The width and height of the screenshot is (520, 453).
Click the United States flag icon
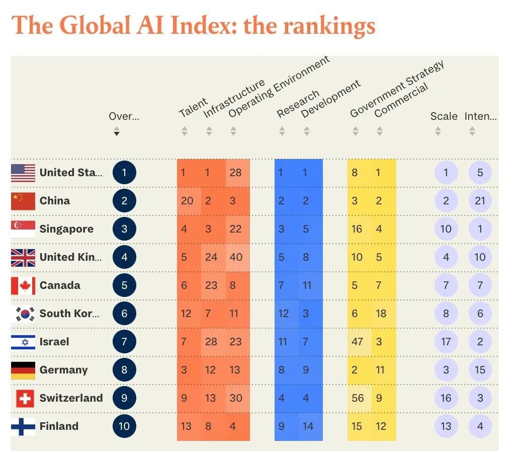23,173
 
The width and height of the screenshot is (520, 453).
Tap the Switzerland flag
25,398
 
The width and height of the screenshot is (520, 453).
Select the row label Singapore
66,229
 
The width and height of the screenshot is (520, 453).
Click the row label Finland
59,426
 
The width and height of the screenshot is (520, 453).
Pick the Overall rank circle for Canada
124,285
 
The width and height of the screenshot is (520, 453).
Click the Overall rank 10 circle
124,426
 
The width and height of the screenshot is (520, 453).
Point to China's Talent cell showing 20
187,201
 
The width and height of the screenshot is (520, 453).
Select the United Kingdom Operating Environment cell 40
235,257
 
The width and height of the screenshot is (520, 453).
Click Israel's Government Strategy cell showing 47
358,342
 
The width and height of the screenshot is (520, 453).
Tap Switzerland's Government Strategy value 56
358,398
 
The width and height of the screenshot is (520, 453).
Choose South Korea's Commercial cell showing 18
381,314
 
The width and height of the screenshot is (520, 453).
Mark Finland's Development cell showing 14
308,426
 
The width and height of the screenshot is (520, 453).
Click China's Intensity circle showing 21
480,201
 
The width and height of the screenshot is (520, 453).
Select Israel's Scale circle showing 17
446,342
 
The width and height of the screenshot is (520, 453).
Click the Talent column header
193,107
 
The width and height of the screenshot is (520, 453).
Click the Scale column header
444,116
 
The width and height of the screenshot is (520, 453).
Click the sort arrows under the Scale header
438,131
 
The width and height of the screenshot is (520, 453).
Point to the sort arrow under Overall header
117,132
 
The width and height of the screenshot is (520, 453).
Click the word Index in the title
204,25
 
